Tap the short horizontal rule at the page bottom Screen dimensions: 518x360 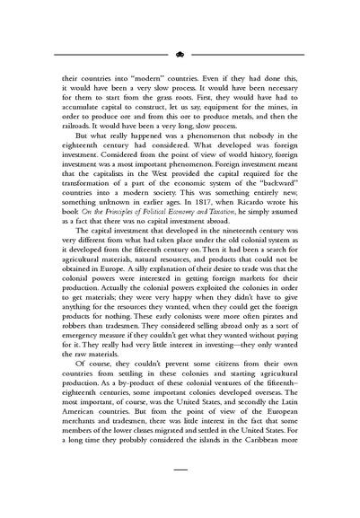coord(180,493)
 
